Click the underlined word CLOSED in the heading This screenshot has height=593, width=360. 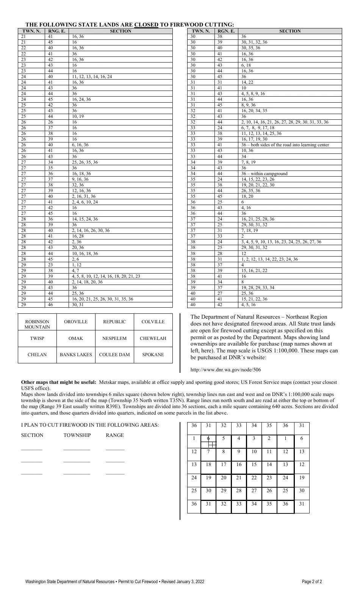click(x=146, y=25)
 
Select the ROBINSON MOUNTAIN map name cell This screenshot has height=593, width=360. click(x=37, y=324)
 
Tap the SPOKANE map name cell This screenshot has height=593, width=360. click(x=153, y=355)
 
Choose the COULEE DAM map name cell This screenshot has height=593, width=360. click(x=114, y=355)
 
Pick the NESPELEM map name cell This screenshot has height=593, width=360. click(x=114, y=338)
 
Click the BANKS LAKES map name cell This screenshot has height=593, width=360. click(x=76, y=355)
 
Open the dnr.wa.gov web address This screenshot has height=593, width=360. click(x=225, y=370)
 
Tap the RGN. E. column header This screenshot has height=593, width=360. click(x=226, y=31)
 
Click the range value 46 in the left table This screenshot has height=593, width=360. click(x=50, y=305)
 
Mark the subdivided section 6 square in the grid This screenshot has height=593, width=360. click(x=208, y=441)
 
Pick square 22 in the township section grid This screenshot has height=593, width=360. click(x=254, y=477)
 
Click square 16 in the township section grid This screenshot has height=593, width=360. click(x=239, y=464)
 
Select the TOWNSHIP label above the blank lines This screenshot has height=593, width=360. click(x=77, y=435)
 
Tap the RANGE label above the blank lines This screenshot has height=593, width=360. click(x=115, y=435)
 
